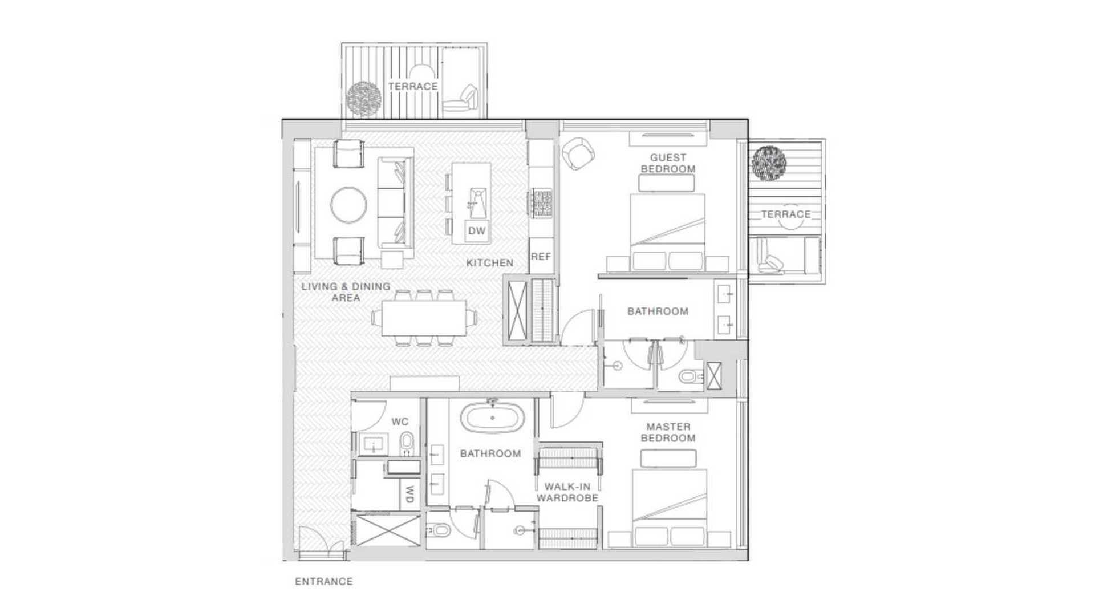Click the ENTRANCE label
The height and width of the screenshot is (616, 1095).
tap(323, 582)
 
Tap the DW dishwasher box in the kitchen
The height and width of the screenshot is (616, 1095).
tap(477, 231)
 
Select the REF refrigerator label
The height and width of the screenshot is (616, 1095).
tap(541, 257)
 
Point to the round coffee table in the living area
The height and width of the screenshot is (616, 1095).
tap(349, 205)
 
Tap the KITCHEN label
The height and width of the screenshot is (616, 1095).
tap(490, 263)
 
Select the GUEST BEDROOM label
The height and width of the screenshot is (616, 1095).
tap(668, 163)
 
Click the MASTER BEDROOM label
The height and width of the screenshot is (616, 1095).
tap(668, 432)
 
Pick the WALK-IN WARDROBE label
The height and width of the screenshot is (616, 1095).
tap(567, 492)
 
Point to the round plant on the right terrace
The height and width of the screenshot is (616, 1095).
tap(769, 163)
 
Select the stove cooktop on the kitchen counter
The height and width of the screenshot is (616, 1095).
tap(540, 203)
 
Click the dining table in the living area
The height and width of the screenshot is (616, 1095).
tap(424, 318)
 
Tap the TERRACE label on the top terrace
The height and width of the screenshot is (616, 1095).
tap(413, 86)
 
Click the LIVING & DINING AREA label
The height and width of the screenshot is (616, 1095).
tap(346, 292)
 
